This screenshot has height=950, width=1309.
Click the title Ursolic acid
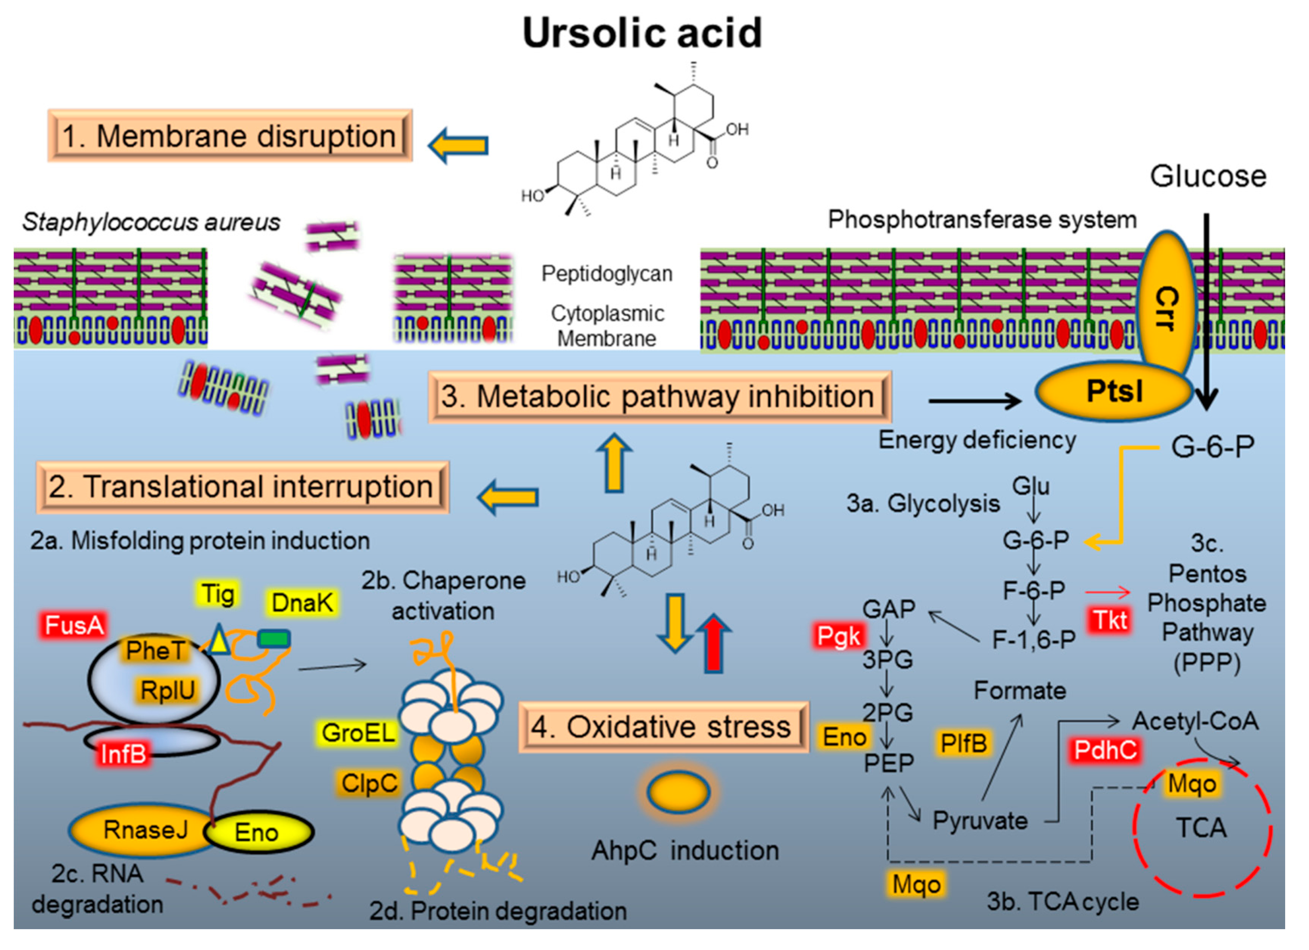point(642,33)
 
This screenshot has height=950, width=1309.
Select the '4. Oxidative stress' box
point(663,727)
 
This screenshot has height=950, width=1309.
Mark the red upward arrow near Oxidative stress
point(714,643)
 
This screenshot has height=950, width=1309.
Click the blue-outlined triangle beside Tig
point(219,640)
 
